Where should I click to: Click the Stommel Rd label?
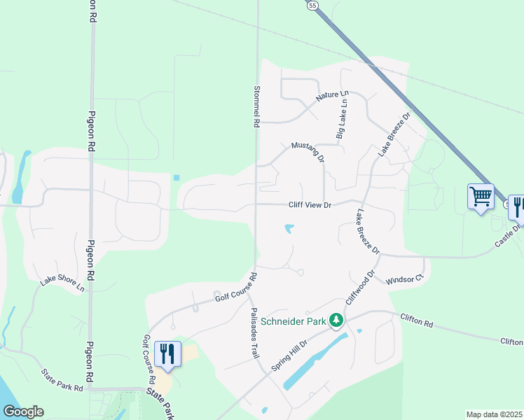coord(256,106)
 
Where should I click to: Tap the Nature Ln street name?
coord(331,97)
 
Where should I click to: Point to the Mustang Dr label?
coord(308,150)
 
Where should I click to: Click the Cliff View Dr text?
coord(309,205)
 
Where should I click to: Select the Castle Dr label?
coord(509,234)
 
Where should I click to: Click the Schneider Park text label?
coord(294,321)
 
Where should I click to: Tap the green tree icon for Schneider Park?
coord(337,320)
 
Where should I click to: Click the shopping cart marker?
coord(481,197)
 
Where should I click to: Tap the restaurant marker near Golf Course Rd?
coord(167,353)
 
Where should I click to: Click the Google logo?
coord(23,412)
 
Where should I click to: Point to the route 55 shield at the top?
coord(312,5)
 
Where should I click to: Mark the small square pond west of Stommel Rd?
coord(176,178)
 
